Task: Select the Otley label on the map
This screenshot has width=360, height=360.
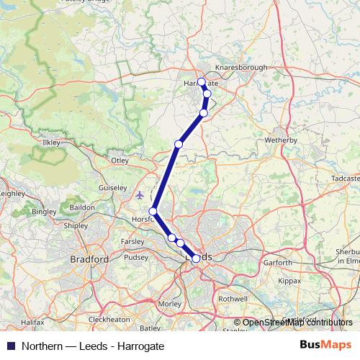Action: pos(119,160)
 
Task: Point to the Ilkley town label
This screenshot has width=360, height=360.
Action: pos(52,143)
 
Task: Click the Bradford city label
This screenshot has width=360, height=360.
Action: pos(89,258)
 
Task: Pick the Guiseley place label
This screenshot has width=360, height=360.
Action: pos(112,186)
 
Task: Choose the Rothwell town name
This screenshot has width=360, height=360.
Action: pos(233,298)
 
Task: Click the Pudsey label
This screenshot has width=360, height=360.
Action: pos(135,257)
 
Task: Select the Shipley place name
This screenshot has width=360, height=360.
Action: pos(76,225)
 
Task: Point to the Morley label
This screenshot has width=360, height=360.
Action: pos(170,304)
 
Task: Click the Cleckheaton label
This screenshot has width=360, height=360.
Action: pos(109,319)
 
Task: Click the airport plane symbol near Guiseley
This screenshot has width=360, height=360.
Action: pos(140,194)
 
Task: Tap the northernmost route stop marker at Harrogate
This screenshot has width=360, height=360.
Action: pos(202,82)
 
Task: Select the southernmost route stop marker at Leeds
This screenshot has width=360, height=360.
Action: pos(196,258)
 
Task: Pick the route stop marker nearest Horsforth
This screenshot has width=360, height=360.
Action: pos(153,211)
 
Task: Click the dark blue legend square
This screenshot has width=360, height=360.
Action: pos(10,346)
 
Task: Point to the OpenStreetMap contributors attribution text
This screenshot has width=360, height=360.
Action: pos(297,323)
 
